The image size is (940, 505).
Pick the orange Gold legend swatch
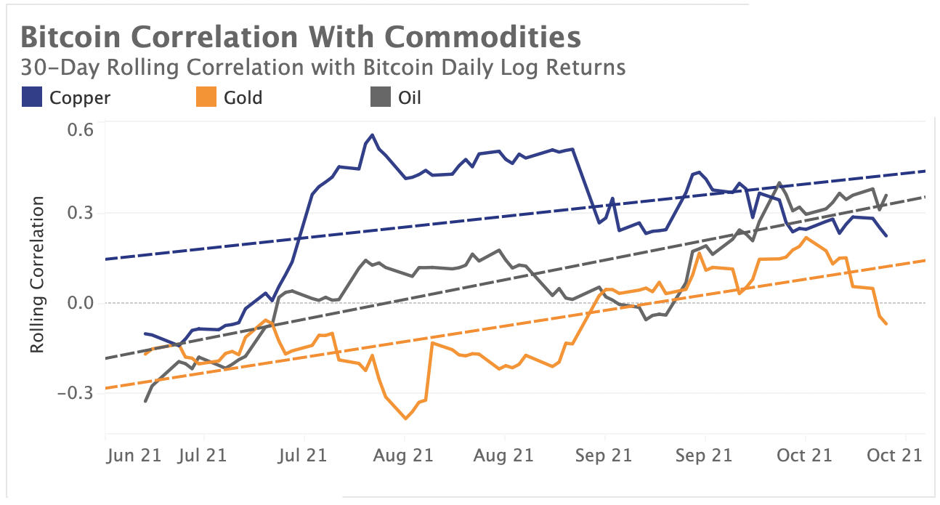tap(206, 97)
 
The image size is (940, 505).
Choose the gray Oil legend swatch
tap(380, 97)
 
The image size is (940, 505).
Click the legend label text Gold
tap(243, 97)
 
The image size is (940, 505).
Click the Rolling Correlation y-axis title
tap(38, 274)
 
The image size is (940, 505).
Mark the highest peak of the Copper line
tap(373, 134)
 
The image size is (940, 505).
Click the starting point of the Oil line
tap(146, 401)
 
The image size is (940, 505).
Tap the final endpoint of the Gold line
tap(887, 324)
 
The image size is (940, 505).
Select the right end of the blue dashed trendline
tap(925, 171)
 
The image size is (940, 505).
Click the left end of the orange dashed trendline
tap(106, 389)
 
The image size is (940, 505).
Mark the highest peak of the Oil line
tap(779, 183)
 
